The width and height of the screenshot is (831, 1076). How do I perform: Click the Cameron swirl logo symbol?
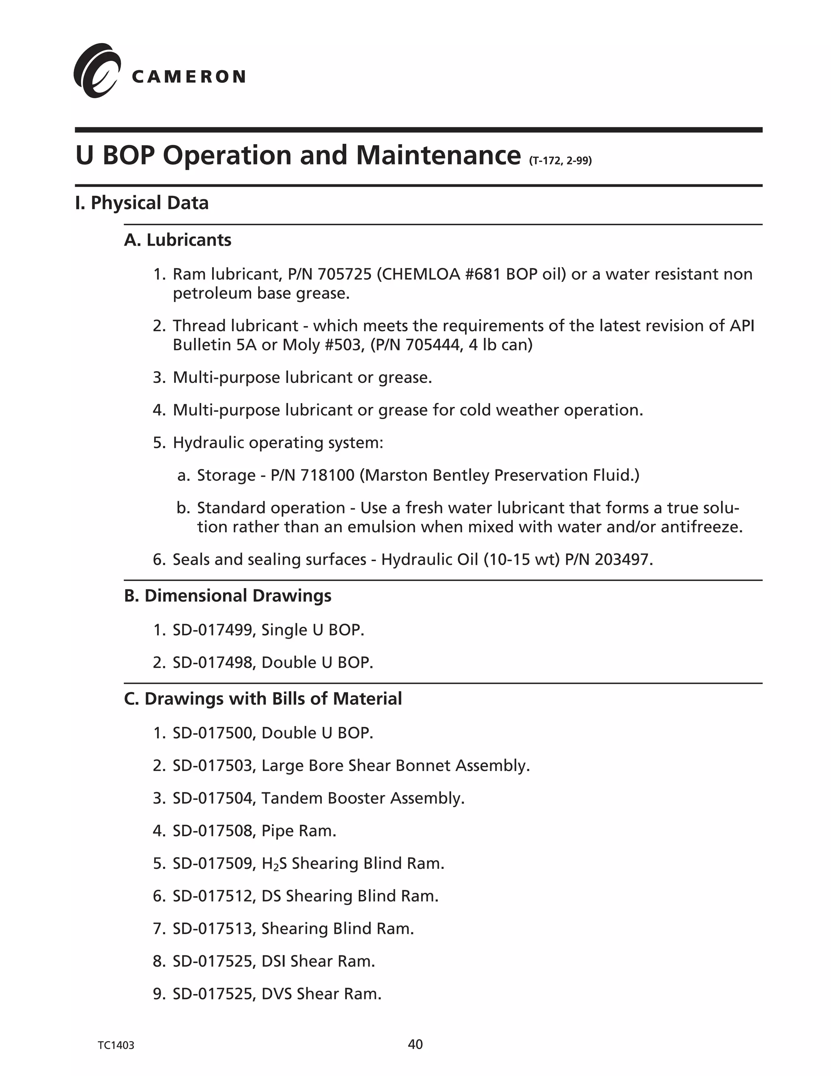tap(97, 71)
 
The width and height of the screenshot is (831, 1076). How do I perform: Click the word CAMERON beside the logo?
tap(189, 77)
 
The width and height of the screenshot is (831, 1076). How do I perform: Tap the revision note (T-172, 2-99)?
tap(560, 161)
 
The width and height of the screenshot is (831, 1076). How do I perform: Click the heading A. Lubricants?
tap(177, 240)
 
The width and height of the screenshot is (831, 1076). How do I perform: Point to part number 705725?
tap(344, 274)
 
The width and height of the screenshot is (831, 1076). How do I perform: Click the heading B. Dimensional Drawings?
tap(228, 596)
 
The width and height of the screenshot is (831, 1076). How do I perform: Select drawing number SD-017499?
tap(213, 630)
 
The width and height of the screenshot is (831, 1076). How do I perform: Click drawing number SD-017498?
tap(213, 663)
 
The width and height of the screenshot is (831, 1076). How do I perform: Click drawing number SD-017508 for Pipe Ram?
tap(213, 831)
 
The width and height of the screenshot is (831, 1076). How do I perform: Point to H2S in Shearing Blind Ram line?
tap(274, 864)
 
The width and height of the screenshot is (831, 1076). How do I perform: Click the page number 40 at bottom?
tap(415, 1044)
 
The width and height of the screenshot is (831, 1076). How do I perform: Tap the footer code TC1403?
tap(116, 1046)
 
